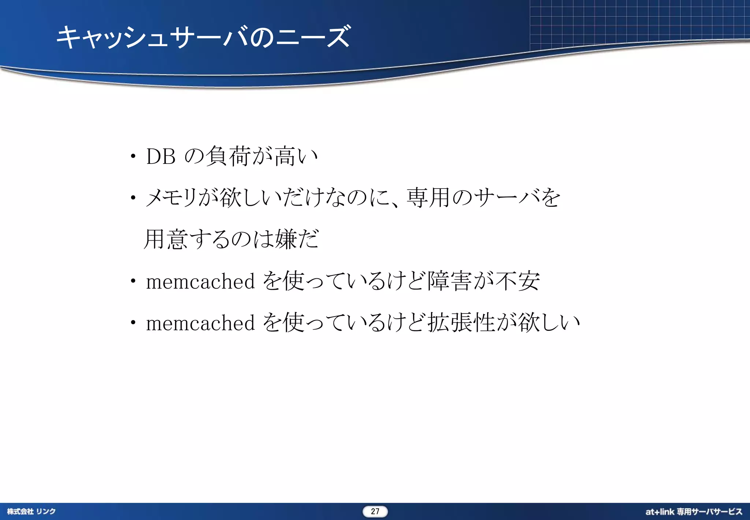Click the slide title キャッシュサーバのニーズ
coord(204,37)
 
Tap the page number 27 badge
coord(375,511)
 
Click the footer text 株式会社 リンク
coord(31,511)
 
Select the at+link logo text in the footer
coord(660,512)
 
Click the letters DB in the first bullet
coord(160,157)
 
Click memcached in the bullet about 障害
coord(200,282)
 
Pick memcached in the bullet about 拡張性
coord(200,323)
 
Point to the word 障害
coord(449,281)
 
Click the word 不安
coord(517,281)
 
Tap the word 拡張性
coord(461,323)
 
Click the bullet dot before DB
coord(133,157)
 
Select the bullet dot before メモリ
coord(133,198)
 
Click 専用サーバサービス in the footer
coord(709,512)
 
